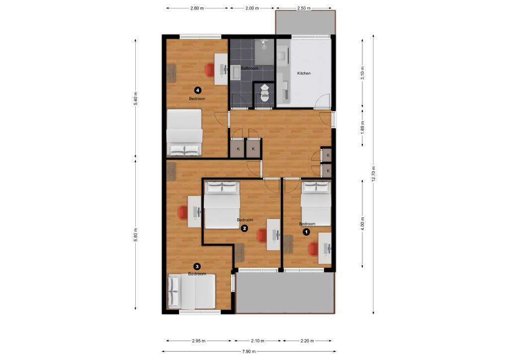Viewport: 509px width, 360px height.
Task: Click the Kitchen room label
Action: coord(304,73)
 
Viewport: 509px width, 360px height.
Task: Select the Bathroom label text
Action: coord(249,68)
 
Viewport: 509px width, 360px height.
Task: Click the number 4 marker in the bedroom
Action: coord(198,90)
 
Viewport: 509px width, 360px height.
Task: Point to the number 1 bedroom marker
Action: coord(306,231)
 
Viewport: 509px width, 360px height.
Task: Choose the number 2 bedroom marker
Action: coord(244,228)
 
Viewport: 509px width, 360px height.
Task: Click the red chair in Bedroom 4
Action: coord(210,70)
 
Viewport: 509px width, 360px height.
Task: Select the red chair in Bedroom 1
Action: coord(313,248)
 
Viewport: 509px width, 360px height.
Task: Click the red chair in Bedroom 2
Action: coord(262,235)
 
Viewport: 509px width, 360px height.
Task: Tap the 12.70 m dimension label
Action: coord(373,174)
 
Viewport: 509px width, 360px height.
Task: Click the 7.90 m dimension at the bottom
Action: coord(249,352)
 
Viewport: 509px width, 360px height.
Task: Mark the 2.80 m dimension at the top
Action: coord(197,8)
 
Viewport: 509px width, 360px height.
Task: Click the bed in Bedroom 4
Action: coord(184,133)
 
